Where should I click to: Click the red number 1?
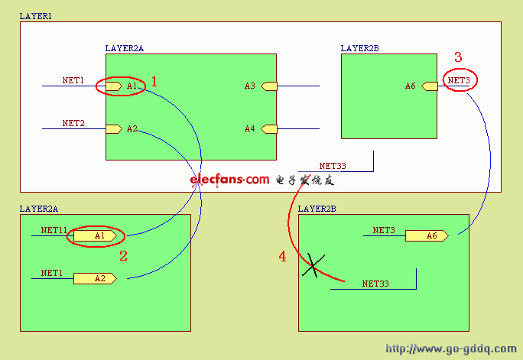(154, 81)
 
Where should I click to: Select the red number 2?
(123, 256)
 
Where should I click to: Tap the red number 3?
(458, 57)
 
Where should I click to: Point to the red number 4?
(282, 258)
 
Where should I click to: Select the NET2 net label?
(73, 123)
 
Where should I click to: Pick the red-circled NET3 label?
(460, 80)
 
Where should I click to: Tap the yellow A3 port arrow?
(269, 86)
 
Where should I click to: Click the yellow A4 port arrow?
(269, 128)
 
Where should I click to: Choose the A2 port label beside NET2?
(132, 128)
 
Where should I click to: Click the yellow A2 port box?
(95, 279)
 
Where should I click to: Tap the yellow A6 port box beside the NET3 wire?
(427, 236)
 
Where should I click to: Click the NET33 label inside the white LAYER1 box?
(333, 165)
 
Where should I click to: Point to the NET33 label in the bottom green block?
(375, 284)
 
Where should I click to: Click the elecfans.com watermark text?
(230, 180)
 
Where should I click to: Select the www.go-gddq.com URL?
(451, 349)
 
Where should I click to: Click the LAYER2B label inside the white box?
(359, 48)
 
